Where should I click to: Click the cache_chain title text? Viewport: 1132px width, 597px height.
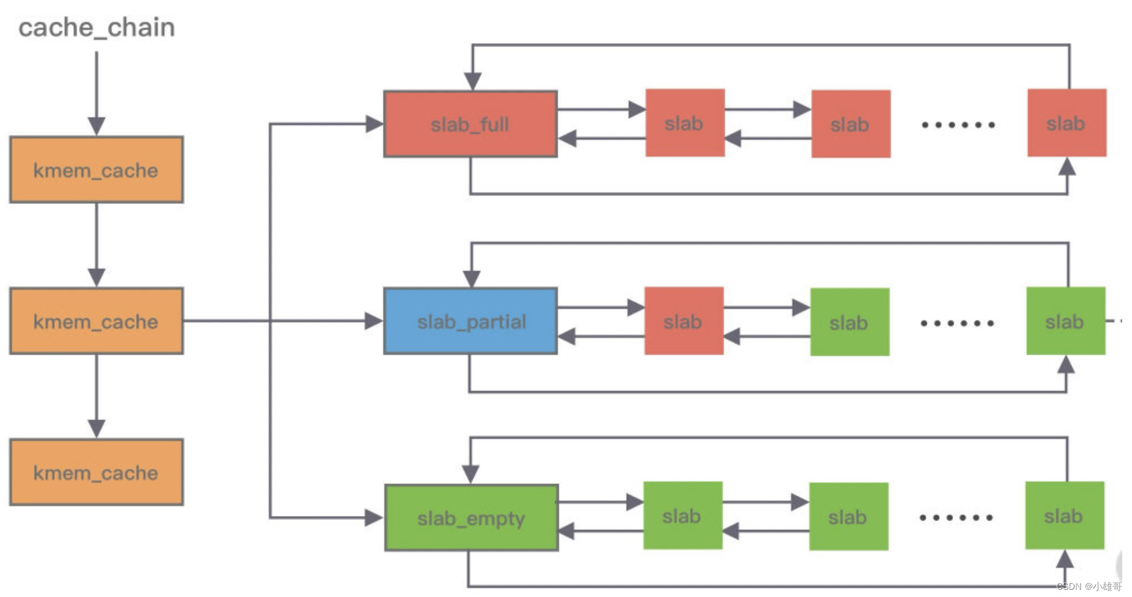tap(97, 28)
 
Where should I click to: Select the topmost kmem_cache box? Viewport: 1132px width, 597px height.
tap(97, 170)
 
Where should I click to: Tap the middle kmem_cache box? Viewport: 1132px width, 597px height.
tap(97, 321)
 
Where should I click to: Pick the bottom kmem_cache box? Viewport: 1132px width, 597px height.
tap(97, 472)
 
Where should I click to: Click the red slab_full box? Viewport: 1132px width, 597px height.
tap(470, 124)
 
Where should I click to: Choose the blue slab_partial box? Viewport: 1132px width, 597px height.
tap(471, 321)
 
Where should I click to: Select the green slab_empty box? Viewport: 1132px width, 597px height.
tap(471, 518)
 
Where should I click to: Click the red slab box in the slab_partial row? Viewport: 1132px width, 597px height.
tap(684, 321)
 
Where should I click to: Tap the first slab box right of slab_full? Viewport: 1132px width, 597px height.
tap(685, 123)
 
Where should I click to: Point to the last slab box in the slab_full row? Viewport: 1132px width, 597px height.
tap(1067, 123)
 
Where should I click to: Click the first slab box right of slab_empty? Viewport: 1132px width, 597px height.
tap(682, 516)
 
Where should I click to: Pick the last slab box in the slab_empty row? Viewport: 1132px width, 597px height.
tap(1064, 516)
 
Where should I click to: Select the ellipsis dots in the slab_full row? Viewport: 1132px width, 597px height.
tap(958, 124)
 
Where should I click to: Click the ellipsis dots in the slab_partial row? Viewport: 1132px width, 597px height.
tap(957, 323)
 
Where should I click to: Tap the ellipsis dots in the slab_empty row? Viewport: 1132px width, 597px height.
tap(956, 517)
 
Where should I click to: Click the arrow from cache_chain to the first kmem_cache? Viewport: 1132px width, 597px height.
tap(97, 91)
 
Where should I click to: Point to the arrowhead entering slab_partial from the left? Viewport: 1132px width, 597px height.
tap(374, 321)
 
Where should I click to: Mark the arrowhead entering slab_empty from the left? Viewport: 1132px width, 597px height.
tap(374, 518)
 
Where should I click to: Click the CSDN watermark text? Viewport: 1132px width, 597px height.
tap(1088, 587)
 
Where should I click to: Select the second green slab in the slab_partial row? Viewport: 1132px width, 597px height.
tap(1065, 321)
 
